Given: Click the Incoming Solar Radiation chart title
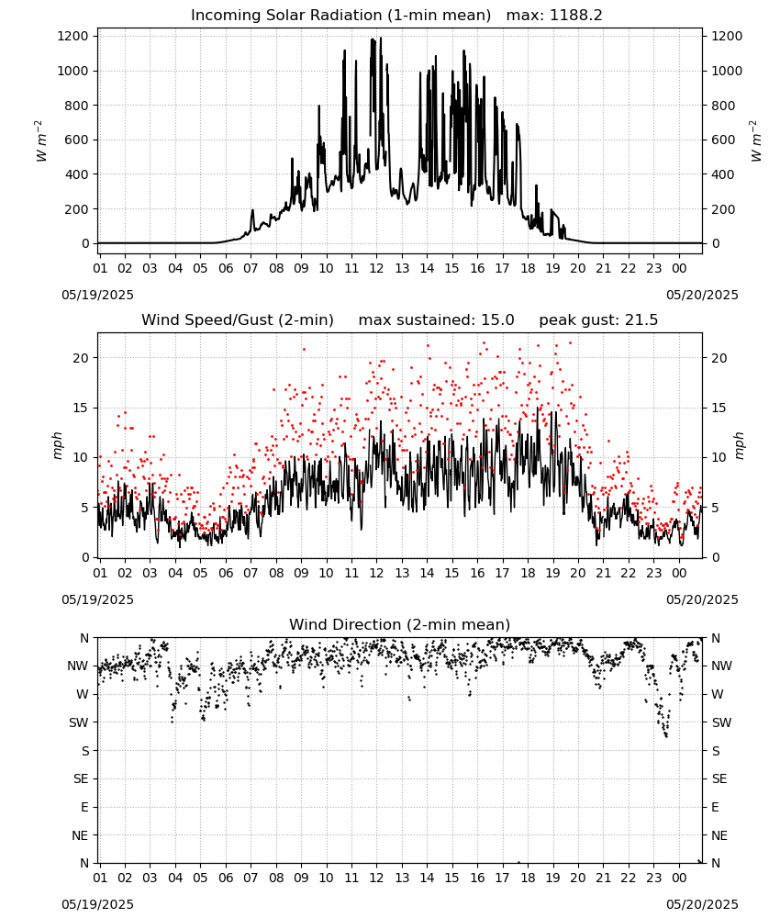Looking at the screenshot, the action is click(341, 16).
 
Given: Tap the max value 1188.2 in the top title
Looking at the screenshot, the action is click(575, 16).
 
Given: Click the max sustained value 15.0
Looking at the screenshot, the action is click(497, 320).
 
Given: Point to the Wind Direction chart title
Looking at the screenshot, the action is click(400, 624).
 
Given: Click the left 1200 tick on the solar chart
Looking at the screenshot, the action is click(72, 37).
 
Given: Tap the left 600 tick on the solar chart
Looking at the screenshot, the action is click(76, 140).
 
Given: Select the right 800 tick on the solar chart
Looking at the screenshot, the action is click(723, 106).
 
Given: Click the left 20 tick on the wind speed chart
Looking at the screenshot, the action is click(81, 358).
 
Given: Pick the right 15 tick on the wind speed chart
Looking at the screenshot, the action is click(719, 408).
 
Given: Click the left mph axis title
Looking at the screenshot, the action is click(57, 445).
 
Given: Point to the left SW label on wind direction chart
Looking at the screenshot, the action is click(79, 722).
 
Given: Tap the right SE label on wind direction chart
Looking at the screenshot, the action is click(719, 778).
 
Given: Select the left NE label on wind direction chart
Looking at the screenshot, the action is click(80, 835).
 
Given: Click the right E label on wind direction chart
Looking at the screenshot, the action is click(715, 807).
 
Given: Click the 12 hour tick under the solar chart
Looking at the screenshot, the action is click(376, 268).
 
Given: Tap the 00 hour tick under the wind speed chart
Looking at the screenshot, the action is click(679, 573).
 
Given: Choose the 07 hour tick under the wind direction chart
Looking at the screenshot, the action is click(251, 878).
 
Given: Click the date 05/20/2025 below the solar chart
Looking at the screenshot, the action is click(702, 295).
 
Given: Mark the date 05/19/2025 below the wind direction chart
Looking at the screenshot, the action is click(97, 904).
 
